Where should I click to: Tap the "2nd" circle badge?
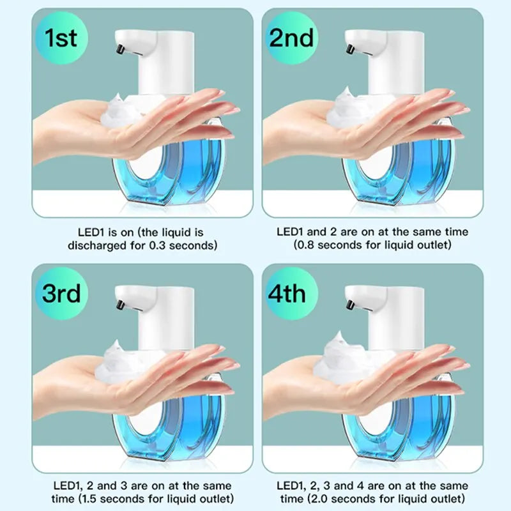pos(291,39)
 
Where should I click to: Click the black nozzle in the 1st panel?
pos(119,49)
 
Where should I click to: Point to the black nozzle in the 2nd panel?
pos(350,49)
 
